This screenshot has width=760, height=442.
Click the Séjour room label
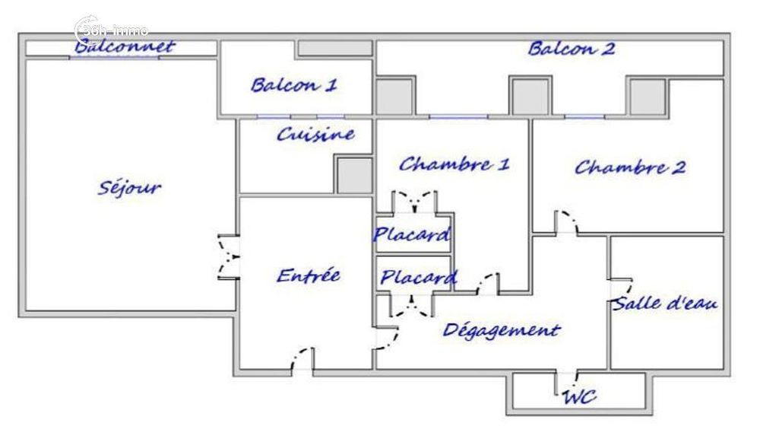coord(129,187)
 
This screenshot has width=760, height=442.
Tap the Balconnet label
coord(125,47)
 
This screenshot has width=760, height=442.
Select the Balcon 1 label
coord(293,84)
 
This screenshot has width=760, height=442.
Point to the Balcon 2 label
coord(571,49)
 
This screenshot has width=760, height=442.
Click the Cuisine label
coord(315,135)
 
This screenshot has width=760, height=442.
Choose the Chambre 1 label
coord(454,164)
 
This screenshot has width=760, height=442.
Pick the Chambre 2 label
coord(629,167)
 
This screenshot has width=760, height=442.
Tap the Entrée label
coord(308,275)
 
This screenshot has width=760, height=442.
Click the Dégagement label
coord(501,329)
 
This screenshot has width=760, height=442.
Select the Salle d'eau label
coord(666,303)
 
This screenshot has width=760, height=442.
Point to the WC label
coord(579,396)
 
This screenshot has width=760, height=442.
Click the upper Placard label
coord(411,234)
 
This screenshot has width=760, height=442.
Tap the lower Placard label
coord(418,278)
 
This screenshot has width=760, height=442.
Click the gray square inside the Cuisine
coord(354,175)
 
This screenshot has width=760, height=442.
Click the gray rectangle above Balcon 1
coord(334,48)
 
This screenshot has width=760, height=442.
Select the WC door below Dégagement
coord(565,378)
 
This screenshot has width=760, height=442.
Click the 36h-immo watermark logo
coord(112,30)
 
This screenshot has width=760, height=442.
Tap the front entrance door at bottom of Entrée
coord(302,361)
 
